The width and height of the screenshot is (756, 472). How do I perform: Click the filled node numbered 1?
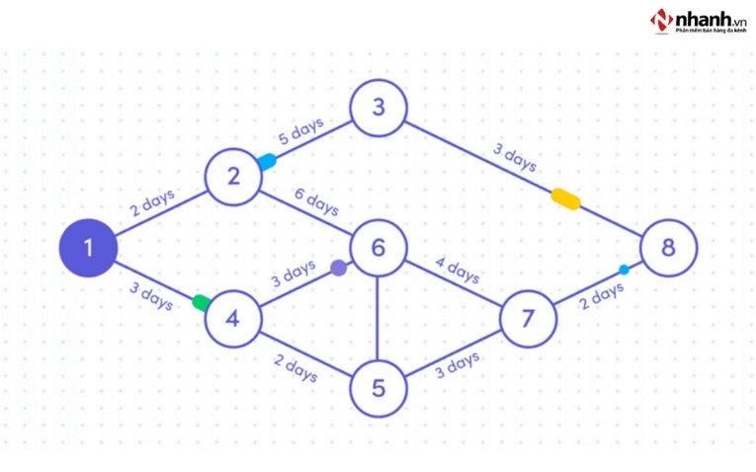(88, 247)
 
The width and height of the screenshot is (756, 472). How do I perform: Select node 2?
(234, 177)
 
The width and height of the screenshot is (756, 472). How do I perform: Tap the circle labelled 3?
(378, 107)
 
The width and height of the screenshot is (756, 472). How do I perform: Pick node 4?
(234, 318)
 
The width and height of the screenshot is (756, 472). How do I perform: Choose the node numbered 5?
(378, 388)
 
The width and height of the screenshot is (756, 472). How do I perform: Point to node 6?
(378, 247)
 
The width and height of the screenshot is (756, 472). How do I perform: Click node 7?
(527, 318)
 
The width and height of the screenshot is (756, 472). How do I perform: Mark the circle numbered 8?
(668, 247)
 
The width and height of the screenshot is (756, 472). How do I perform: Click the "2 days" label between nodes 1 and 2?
(152, 203)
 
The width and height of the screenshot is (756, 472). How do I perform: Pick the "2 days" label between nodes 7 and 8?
(602, 294)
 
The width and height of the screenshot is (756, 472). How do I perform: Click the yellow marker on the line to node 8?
(565, 199)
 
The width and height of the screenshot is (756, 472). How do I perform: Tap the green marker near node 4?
(203, 302)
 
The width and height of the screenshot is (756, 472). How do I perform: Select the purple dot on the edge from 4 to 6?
(339, 267)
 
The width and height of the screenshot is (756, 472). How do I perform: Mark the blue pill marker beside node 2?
(266, 161)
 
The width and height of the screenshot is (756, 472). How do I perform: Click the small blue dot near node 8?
(624, 269)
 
